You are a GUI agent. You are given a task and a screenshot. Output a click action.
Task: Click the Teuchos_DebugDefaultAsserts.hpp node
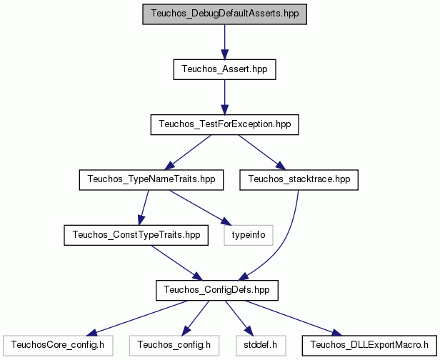point(224,14)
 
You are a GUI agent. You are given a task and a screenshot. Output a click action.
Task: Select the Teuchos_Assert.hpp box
point(224,69)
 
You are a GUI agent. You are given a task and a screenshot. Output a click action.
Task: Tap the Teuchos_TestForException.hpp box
point(224,124)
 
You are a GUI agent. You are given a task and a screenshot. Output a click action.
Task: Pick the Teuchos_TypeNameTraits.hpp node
point(151,180)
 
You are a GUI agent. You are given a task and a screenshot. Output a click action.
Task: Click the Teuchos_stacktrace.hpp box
point(299,180)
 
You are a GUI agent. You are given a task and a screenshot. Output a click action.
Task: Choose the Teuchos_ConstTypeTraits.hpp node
point(136,235)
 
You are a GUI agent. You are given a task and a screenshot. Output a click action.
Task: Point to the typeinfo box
point(249,235)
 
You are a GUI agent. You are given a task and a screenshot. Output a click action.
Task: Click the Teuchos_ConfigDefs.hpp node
point(217,291)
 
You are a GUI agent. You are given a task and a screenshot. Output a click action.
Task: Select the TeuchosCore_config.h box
point(58,346)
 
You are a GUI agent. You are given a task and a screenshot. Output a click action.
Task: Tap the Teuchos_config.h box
point(174,346)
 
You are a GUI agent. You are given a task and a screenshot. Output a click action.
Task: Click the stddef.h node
point(261,346)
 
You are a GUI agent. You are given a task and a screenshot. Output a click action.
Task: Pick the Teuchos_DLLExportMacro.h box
point(369,346)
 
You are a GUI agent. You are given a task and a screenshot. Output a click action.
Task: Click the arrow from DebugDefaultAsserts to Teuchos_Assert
point(224,42)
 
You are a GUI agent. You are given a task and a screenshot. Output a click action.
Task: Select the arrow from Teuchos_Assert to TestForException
point(224,97)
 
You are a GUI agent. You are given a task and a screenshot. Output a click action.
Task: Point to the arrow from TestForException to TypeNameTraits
point(188,152)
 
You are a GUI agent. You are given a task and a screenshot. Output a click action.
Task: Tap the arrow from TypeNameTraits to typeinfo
point(200,208)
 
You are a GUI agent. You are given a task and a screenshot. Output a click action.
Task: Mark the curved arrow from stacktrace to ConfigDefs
point(284,247)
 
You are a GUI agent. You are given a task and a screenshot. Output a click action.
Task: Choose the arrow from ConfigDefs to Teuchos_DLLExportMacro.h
point(294,318)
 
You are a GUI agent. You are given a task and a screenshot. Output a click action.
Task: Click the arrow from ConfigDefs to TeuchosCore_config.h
point(136,318)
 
